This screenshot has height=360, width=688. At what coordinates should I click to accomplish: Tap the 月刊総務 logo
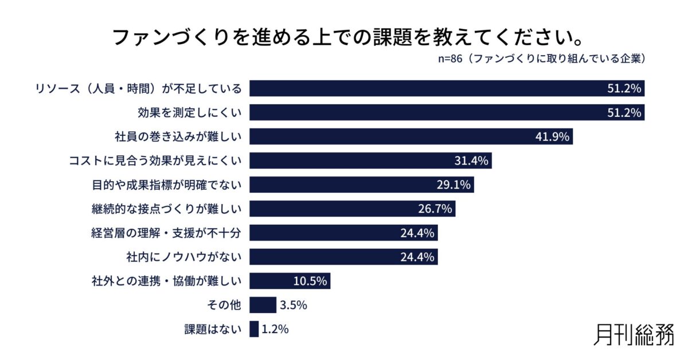click(x=634, y=334)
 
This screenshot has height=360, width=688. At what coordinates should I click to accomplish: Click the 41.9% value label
click(x=553, y=137)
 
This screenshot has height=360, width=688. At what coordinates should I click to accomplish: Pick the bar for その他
click(x=263, y=305)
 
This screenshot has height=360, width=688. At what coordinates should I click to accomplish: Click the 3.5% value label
click(x=294, y=305)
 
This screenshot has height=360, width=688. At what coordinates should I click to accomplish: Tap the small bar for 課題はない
click(x=254, y=329)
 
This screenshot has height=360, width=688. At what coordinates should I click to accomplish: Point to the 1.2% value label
click(x=275, y=329)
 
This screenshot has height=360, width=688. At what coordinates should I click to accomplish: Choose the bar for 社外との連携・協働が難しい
click(x=290, y=281)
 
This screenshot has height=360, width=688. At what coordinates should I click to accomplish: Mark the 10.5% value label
click(x=310, y=281)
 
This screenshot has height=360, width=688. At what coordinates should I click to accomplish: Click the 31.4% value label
click(x=471, y=161)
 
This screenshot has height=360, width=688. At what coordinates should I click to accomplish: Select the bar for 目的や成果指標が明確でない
click(x=362, y=185)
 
